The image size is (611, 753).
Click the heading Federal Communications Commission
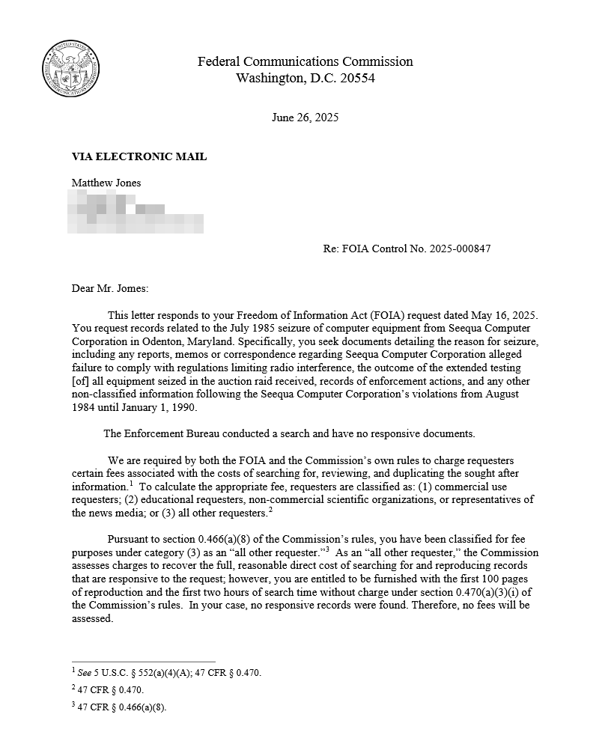(305, 61)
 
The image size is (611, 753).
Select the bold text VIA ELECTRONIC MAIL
(139, 156)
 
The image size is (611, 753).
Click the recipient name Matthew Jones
(106, 183)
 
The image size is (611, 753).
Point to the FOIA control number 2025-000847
(460, 249)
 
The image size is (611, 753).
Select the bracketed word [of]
(80, 381)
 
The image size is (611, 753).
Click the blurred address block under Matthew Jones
(135, 211)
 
